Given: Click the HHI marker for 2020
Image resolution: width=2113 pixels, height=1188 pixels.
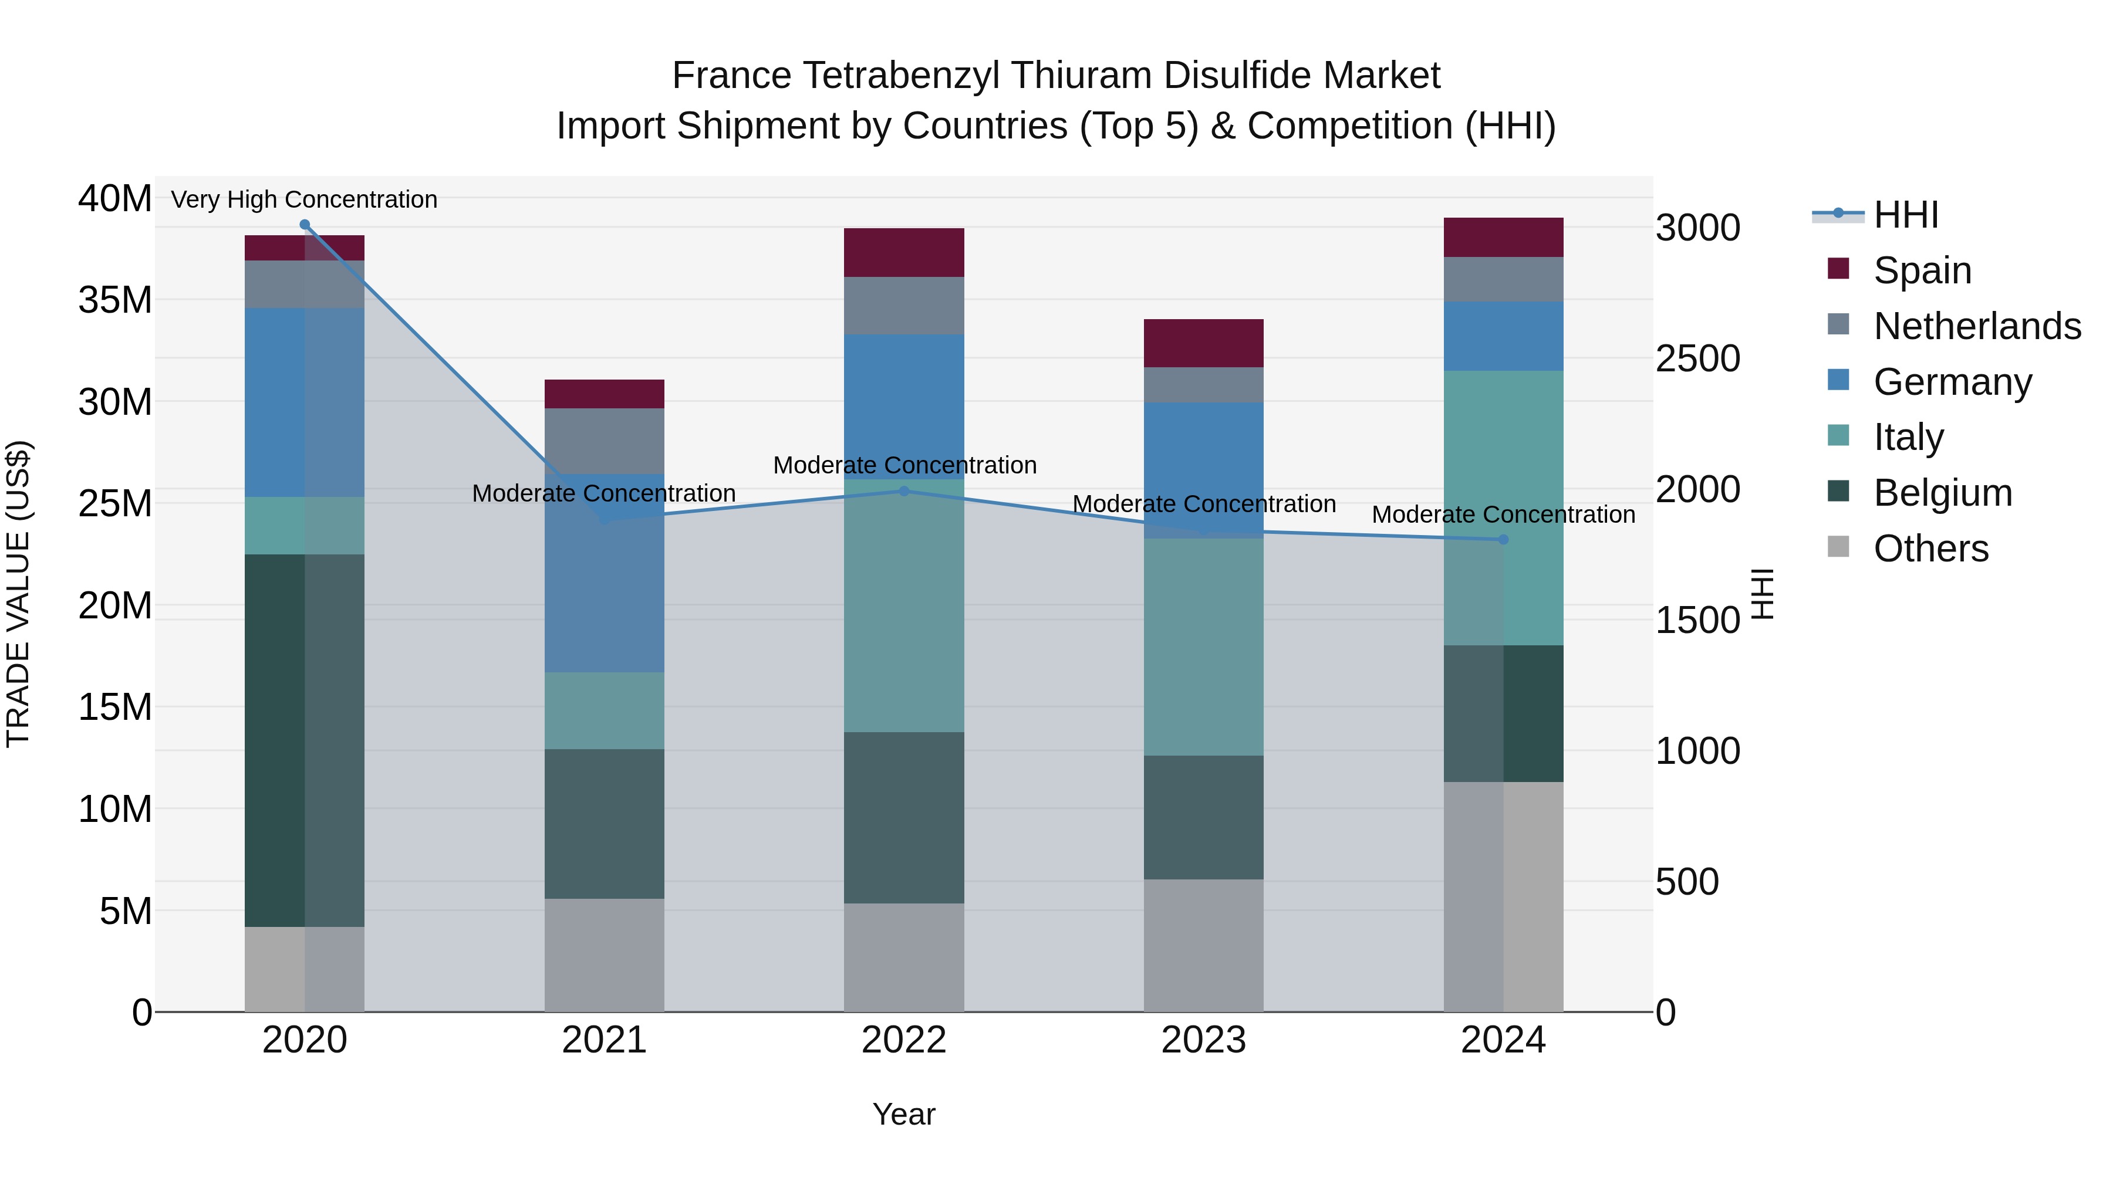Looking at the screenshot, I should click(304, 225).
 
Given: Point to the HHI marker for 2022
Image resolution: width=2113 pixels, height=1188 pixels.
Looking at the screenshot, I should click(904, 491).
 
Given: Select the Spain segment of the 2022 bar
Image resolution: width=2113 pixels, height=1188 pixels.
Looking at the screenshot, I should click(904, 252).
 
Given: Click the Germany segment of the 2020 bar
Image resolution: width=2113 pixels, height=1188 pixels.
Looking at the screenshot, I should click(304, 402).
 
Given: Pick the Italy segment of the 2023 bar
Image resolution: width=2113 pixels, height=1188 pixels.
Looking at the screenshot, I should click(1203, 647).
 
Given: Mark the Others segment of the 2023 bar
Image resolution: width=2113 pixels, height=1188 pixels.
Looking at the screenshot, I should click(1203, 945).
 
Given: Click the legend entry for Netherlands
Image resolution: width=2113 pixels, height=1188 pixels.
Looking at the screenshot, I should click(1976, 326).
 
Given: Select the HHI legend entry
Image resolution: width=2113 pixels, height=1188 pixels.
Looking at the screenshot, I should click(1905, 215).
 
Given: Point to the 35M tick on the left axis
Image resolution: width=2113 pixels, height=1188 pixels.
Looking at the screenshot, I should click(115, 300).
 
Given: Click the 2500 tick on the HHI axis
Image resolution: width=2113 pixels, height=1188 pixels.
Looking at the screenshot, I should click(1697, 359).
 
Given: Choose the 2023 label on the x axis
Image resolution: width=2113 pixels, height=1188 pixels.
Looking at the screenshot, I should click(1203, 1040).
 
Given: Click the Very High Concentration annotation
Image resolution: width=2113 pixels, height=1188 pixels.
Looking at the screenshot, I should click(304, 199).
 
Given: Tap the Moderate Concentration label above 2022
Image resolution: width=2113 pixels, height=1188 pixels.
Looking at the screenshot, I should click(904, 465).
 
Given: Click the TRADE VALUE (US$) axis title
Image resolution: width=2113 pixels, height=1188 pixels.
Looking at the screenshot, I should click(18, 594).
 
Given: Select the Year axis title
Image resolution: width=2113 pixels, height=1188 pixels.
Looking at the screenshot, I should click(904, 1114).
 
